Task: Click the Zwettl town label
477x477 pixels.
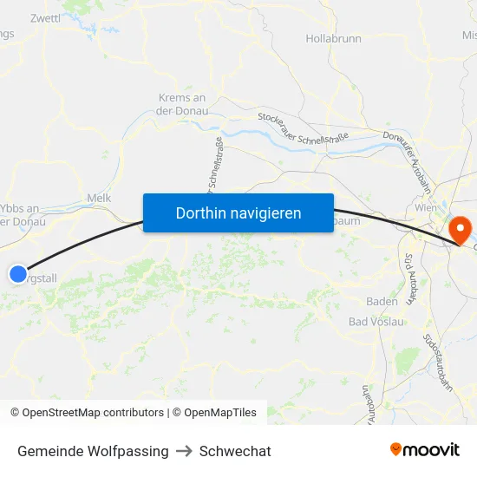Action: click(x=45, y=17)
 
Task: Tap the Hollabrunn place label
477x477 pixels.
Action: click(x=333, y=39)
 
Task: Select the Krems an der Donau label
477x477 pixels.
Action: click(x=182, y=104)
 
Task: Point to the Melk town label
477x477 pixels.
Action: click(x=99, y=198)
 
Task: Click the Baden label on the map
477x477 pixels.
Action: click(x=382, y=302)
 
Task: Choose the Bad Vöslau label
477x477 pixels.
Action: click(x=376, y=322)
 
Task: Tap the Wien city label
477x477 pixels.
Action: click(x=426, y=209)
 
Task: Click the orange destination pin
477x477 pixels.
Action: click(x=459, y=228)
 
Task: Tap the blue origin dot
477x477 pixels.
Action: click(x=18, y=274)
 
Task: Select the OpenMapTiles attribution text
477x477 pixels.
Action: click(x=220, y=413)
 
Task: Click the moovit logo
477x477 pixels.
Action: click(x=425, y=450)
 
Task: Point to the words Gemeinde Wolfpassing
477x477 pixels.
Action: click(x=93, y=451)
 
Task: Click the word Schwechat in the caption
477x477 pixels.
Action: click(x=235, y=451)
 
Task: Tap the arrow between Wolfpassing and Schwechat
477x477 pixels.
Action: click(x=184, y=451)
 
